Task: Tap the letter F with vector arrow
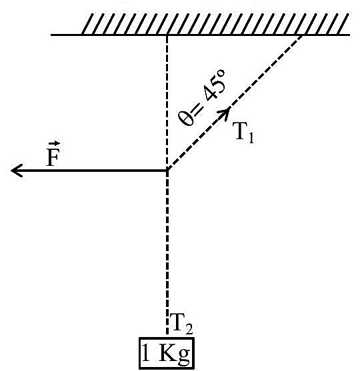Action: point(53,155)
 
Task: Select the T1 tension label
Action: point(243,133)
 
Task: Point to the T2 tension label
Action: point(181,324)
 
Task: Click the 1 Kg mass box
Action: point(167,353)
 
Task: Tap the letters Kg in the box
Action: point(174,354)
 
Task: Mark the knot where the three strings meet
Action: point(167,170)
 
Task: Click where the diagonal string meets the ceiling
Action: point(302,35)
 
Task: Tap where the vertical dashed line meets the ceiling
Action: point(167,35)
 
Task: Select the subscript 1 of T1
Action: point(251,138)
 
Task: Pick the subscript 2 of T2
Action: point(189,329)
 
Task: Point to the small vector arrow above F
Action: point(54,143)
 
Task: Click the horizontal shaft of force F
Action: point(89,171)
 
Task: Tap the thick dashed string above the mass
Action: point(167,252)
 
